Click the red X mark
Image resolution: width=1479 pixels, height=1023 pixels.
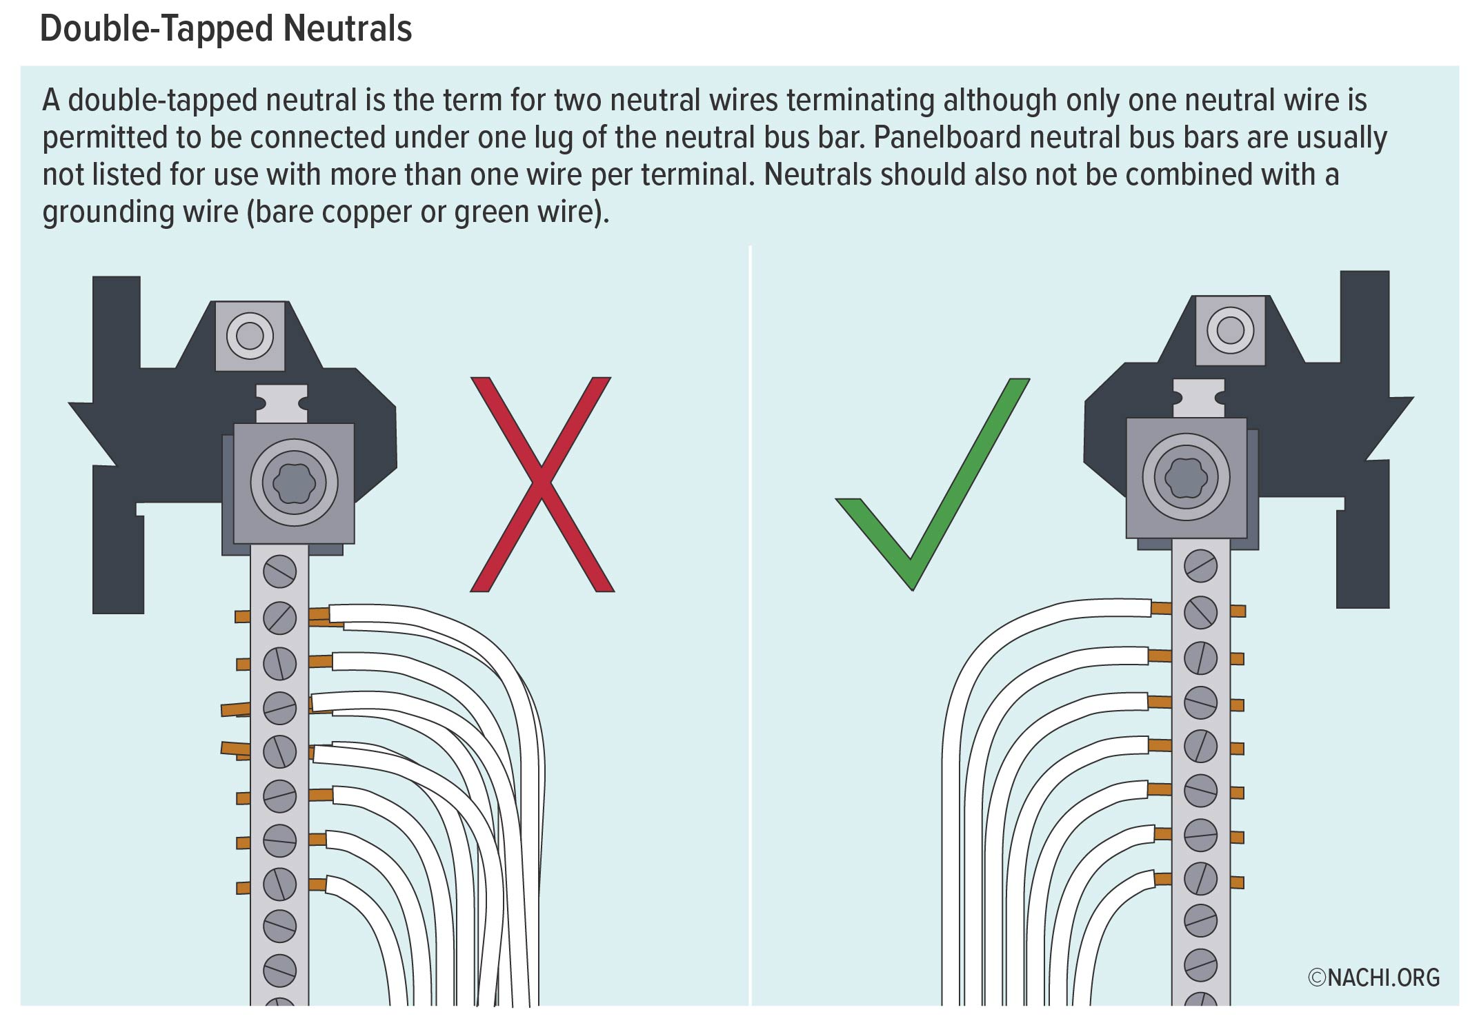542,484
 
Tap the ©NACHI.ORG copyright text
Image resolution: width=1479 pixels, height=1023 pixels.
1373,978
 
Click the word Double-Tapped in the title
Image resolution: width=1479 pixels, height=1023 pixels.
157,29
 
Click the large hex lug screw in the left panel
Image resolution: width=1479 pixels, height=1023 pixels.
294,483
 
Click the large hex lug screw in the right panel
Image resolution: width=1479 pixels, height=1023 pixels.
1186,476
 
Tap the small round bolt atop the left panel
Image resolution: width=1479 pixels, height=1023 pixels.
250,336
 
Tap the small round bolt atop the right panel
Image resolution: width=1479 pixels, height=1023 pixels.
1230,330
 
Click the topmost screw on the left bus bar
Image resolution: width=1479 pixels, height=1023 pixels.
279,571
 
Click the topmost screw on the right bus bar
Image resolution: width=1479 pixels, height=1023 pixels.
1200,566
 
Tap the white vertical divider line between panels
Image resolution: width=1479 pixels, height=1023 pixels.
750,620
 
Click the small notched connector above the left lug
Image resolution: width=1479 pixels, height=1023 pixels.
281,403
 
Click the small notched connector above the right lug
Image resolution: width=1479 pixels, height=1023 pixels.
1199,398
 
